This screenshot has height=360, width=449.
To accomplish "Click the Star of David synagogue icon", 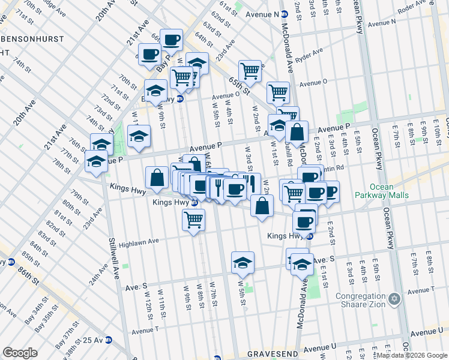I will pyautogui.click(x=394, y=298).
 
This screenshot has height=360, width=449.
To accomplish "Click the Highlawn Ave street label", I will pyautogui.click(x=139, y=242).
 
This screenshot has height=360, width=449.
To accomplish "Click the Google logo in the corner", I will pyautogui.click(x=20, y=353).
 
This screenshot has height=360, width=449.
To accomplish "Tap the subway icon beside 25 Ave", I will pyautogui.click(x=109, y=340).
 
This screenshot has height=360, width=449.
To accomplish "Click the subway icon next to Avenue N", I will pyautogui.click(x=286, y=14).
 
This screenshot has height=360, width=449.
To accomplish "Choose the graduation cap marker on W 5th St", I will pyautogui.click(x=243, y=263).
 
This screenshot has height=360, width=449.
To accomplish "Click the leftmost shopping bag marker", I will pyautogui.click(x=157, y=178).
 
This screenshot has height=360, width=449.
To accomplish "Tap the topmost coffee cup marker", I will pyautogui.click(x=171, y=41).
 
